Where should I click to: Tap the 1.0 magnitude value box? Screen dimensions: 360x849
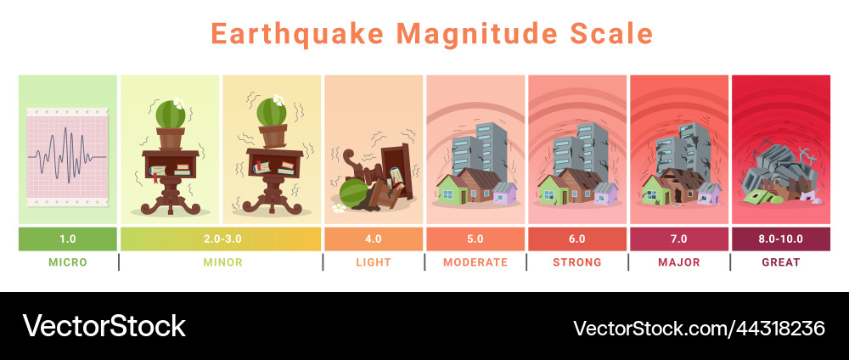[x=68, y=239]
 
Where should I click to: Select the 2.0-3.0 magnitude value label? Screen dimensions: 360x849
[x=221, y=239]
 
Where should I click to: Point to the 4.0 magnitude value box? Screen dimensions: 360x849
[x=373, y=239]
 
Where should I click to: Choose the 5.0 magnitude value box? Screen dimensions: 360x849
[x=475, y=239]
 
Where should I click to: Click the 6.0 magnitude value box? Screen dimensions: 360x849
[x=576, y=239]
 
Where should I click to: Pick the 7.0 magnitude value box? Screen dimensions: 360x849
[x=678, y=239]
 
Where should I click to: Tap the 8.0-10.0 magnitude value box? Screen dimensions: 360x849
[x=780, y=239]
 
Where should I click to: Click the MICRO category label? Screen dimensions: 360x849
[x=68, y=262]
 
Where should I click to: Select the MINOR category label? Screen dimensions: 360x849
[x=222, y=262]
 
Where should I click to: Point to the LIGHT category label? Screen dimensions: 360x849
[x=373, y=262]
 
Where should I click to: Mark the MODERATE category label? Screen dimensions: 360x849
[x=475, y=262]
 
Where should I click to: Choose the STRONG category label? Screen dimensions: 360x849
[x=576, y=262]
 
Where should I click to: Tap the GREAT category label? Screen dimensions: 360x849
[x=780, y=262]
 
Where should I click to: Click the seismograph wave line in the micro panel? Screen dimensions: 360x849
[x=68, y=156]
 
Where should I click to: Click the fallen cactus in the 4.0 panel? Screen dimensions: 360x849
[x=351, y=193]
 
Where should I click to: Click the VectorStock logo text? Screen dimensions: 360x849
[x=104, y=326]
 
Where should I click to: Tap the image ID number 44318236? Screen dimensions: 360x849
[x=772, y=328]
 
